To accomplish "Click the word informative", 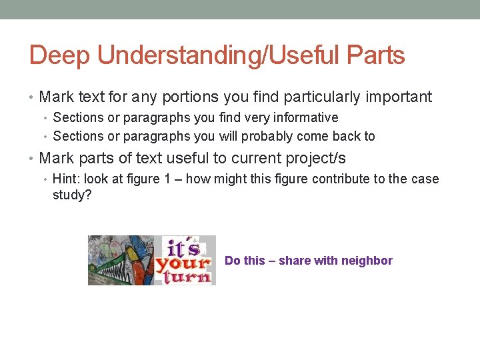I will click(305, 118).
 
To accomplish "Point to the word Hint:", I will click(66, 179).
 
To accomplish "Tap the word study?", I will click(72, 195).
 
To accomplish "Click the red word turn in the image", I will click(184, 275).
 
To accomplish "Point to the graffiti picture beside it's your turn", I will click(121, 260).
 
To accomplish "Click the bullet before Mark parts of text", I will click(32, 159).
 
